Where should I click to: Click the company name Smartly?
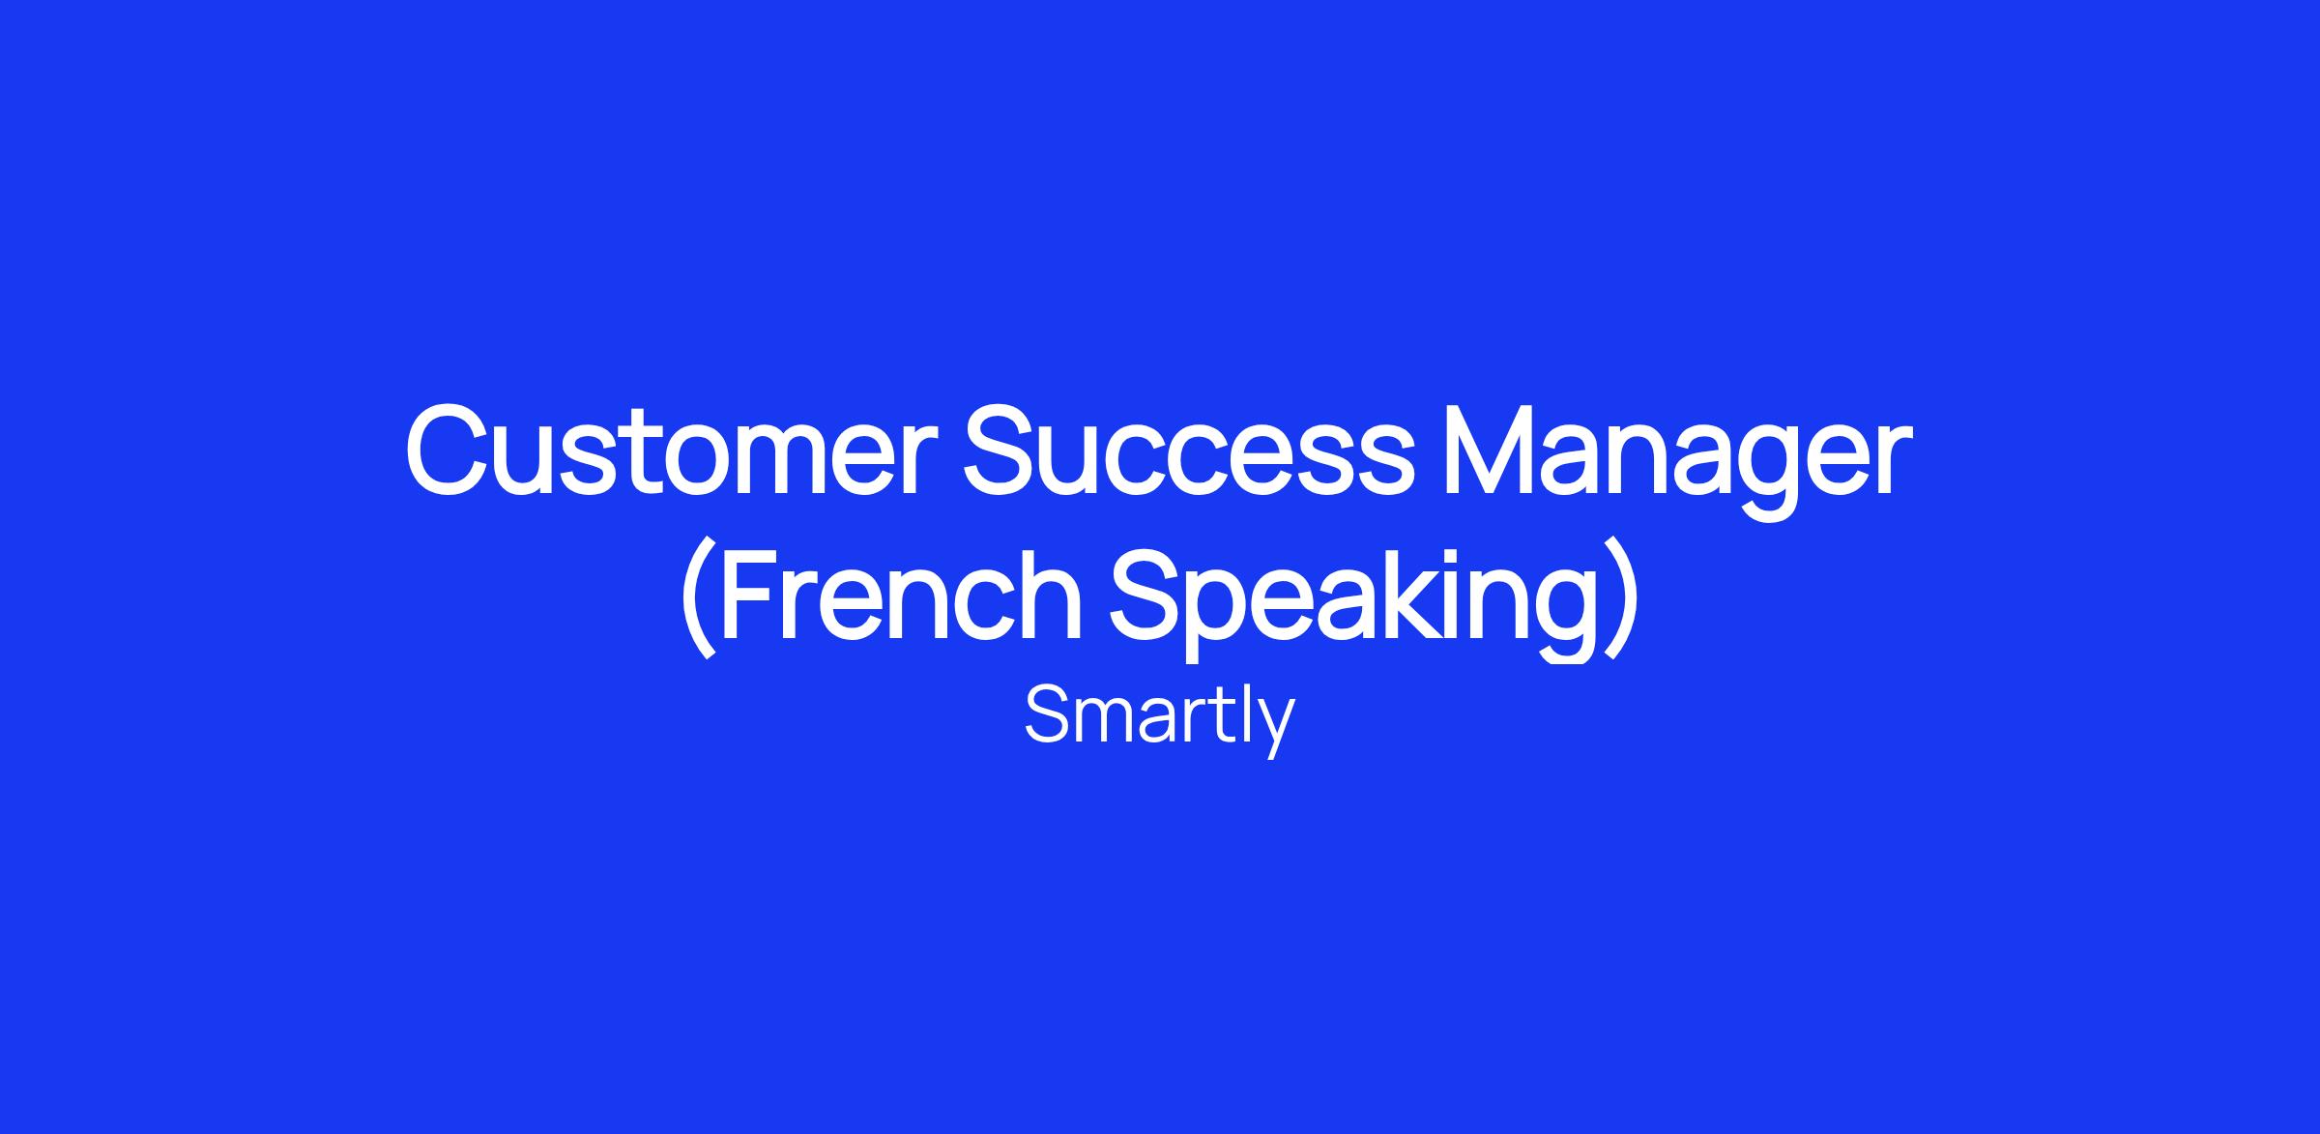pos(1159,719)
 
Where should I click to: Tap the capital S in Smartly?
pos(1048,715)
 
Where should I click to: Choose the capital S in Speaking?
pos(1148,594)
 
